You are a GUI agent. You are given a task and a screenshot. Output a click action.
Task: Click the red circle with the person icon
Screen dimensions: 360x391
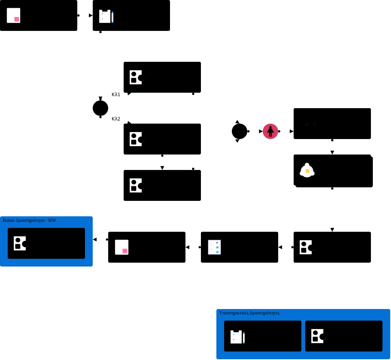tap(270, 131)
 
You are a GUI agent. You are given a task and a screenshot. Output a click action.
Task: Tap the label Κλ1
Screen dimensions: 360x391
tap(116, 95)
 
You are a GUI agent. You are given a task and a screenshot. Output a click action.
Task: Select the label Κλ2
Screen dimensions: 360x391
tap(116, 119)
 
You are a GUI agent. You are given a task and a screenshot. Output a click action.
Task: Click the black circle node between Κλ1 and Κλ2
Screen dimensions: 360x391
tap(100, 108)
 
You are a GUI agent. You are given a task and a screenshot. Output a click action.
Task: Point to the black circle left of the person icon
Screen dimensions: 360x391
tap(240, 131)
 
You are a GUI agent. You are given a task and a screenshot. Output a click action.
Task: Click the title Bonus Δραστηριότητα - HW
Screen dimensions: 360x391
tap(29, 220)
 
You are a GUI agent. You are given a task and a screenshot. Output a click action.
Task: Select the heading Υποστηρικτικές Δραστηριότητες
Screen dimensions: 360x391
tap(249, 313)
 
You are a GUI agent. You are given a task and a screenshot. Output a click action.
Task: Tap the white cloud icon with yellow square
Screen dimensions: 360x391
tap(307, 170)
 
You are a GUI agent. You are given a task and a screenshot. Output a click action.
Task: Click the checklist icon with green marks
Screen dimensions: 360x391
tap(214, 247)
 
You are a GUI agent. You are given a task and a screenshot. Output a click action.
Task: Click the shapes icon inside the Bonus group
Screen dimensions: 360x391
tap(20, 243)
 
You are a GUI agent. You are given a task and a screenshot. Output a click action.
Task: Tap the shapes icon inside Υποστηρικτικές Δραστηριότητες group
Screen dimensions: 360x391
tap(318, 336)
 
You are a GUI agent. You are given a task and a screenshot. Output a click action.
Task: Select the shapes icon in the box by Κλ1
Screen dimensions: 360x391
tap(136, 77)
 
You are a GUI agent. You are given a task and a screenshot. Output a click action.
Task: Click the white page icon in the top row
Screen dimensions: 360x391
tap(14, 15)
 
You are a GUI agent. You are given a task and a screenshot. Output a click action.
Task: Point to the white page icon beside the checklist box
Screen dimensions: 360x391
tap(122, 247)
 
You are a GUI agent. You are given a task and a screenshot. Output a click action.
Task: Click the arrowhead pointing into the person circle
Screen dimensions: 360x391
tap(261, 131)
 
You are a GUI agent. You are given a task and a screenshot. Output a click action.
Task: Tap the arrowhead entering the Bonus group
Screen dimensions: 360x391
tap(95, 239)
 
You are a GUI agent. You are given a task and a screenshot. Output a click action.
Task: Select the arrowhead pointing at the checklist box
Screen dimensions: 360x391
tap(280, 247)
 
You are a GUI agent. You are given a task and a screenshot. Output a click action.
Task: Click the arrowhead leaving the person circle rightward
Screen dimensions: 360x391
tap(292, 131)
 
